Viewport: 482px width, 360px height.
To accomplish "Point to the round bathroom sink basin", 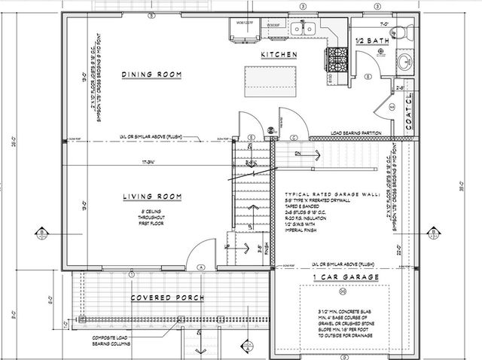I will coord(404,63).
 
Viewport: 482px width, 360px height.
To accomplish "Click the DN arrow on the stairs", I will coord(298,153).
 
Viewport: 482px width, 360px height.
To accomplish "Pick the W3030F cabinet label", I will coord(273,24).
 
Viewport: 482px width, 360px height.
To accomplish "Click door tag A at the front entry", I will coord(200,267).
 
